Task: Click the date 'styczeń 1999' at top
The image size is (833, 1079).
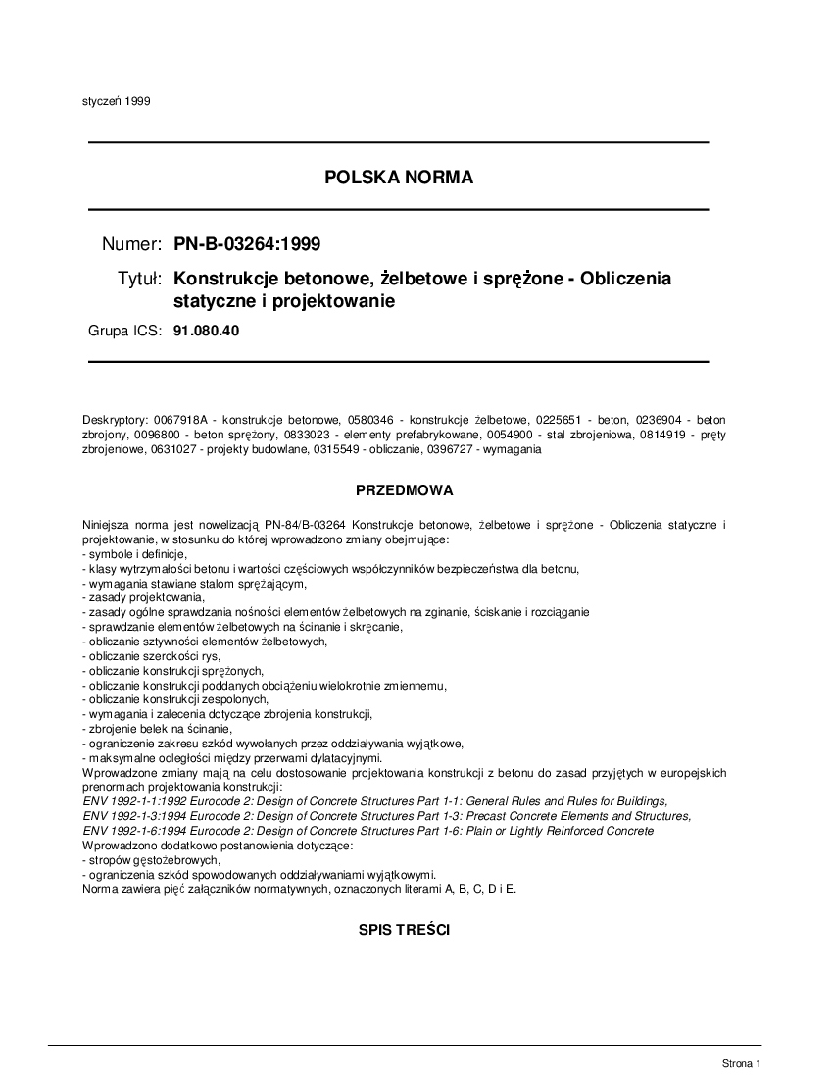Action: (x=116, y=100)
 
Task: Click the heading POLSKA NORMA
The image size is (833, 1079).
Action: (x=398, y=178)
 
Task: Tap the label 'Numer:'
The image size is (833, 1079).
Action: (x=131, y=243)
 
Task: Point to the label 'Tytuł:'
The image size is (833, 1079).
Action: (x=139, y=280)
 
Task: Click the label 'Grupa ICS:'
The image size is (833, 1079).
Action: (x=124, y=331)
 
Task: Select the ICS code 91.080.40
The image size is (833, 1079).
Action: (x=206, y=331)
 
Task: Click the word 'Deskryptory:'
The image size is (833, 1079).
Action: (x=115, y=420)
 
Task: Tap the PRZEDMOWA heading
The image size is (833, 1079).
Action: (x=404, y=488)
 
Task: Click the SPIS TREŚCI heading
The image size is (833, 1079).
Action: (x=404, y=930)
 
